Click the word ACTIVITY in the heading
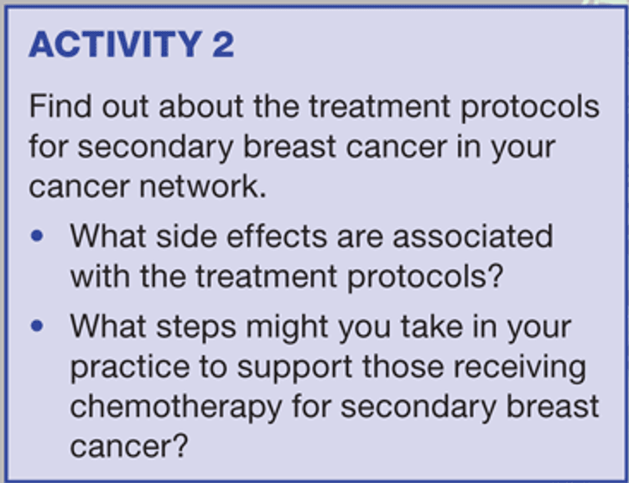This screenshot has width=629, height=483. (x=116, y=44)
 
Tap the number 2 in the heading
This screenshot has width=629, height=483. (x=223, y=44)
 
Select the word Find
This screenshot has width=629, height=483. (x=60, y=106)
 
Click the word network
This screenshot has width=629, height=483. (x=203, y=186)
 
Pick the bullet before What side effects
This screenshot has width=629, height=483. (x=37, y=236)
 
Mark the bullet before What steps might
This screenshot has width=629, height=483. (x=37, y=325)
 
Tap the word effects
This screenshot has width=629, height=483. (x=277, y=236)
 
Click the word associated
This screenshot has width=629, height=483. (x=473, y=236)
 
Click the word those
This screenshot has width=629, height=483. (x=403, y=366)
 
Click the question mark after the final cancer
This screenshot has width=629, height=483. (x=180, y=445)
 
